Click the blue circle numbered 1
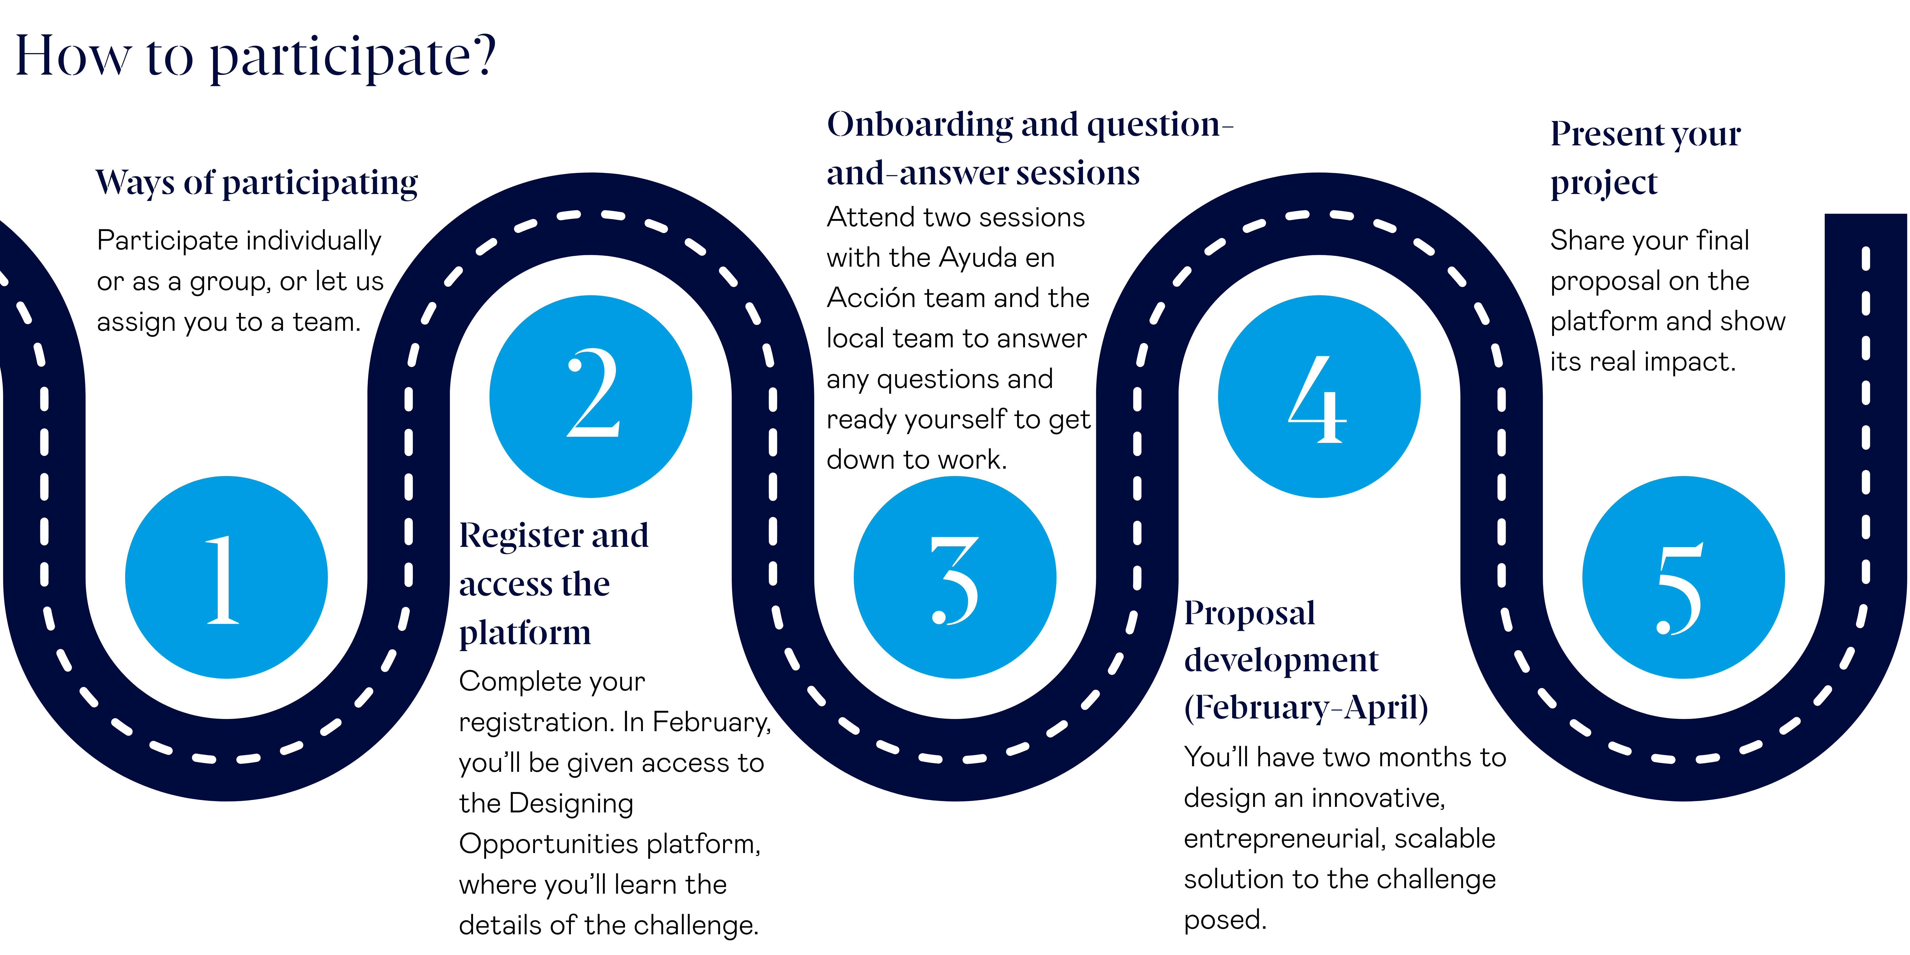[x=226, y=577]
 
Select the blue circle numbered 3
[x=955, y=577]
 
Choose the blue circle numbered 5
[x=1683, y=577]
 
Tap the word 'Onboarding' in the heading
[x=919, y=125]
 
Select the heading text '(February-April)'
[x=1306, y=707]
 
